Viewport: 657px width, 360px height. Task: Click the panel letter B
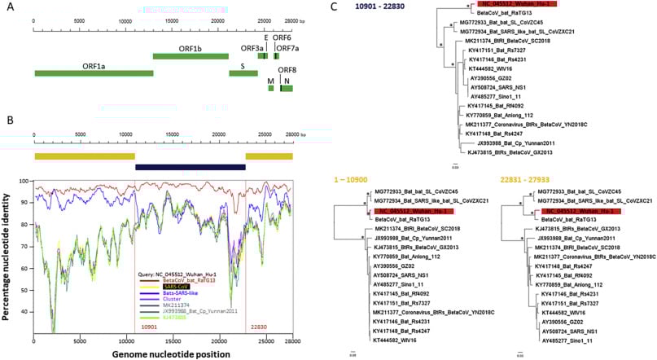(x=9, y=120)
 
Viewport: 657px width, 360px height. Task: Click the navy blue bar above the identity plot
(x=191, y=167)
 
